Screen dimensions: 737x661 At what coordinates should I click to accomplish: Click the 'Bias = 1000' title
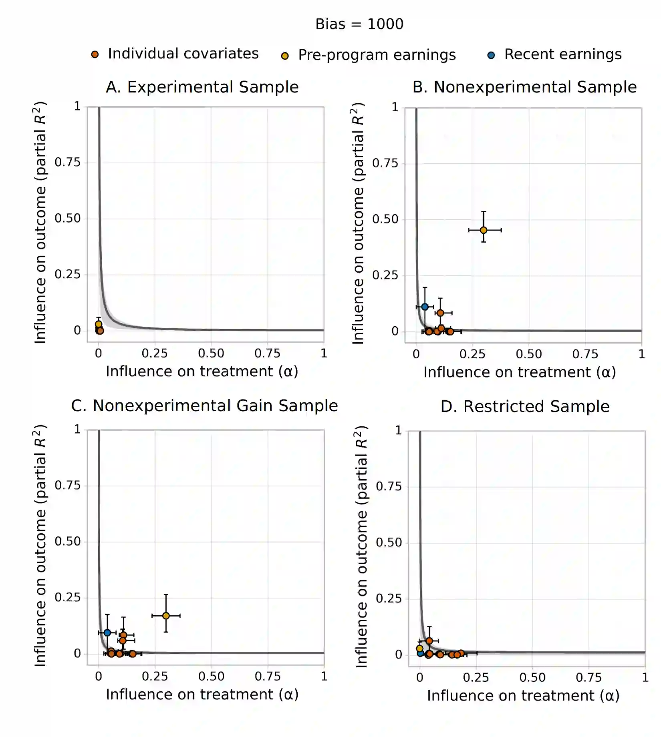359,24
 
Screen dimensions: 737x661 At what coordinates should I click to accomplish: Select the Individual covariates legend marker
95,54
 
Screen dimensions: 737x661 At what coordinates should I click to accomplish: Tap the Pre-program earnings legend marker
285,56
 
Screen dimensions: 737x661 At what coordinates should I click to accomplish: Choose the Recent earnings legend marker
491,56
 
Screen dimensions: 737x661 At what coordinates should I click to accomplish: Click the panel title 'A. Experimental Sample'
202,87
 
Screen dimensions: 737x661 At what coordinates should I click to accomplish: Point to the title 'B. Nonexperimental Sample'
524,87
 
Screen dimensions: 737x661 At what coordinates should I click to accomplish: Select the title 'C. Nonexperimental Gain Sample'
204,406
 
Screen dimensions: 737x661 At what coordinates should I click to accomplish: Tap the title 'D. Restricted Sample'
525,406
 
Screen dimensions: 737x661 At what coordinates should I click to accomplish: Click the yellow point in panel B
484,230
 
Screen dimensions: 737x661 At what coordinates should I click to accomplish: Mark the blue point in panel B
425,307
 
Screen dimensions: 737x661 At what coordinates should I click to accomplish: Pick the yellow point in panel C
166,616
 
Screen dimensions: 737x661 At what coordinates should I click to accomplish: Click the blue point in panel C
107,633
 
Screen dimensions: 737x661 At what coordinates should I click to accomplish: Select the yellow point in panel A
99,324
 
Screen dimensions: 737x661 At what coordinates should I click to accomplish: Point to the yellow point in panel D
419,649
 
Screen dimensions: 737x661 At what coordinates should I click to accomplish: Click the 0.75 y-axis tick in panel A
67,163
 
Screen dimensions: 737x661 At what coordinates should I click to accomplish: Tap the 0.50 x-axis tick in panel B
529,354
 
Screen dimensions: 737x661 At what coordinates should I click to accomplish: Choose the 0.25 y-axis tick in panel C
67,598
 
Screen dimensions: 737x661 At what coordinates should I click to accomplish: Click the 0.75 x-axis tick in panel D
588,678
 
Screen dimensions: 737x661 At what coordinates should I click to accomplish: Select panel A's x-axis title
202,372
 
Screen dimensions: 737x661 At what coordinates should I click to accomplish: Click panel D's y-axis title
361,546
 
